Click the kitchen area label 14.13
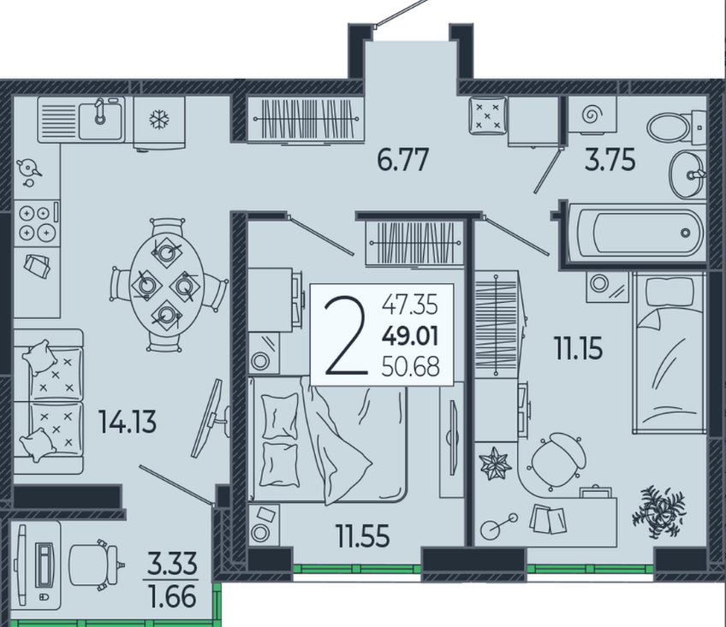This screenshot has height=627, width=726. tap(128, 422)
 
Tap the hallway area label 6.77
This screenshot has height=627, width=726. tap(403, 160)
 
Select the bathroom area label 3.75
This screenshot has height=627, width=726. tap(610, 160)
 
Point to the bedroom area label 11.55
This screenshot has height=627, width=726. tap(362, 537)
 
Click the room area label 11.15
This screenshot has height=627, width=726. tap(579, 348)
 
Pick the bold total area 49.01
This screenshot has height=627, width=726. tap(410, 336)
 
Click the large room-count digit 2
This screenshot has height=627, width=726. tap(345, 336)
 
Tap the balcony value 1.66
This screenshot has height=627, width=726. tap(171, 597)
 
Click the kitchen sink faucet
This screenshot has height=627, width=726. tap(100, 111)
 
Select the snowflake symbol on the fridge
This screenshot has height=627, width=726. tap(159, 120)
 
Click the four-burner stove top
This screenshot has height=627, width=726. tap(35, 223)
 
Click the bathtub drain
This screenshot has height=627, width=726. tap(685, 233)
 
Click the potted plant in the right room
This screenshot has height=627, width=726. tap(659, 512)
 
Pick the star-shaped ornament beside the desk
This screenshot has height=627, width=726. tap(495, 464)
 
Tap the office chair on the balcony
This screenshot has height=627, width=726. tap(96, 564)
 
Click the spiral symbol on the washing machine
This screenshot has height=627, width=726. tap(591, 115)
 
